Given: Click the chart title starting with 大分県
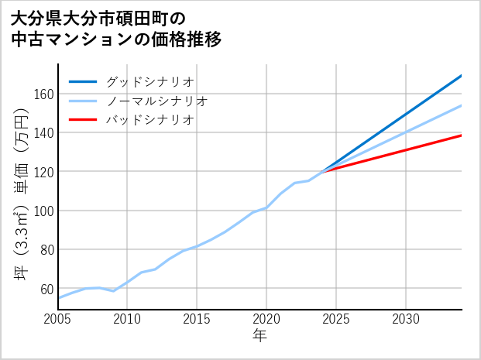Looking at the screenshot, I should [116, 28].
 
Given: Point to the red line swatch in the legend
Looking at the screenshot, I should [83, 120].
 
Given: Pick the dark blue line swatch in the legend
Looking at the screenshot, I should [83, 81].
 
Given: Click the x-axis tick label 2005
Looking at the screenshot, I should [58, 319].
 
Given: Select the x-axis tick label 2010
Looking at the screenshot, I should [128, 319].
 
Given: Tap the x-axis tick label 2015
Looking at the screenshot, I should [197, 319].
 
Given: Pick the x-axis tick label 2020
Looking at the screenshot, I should [266, 319].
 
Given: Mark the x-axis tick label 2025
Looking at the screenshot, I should [336, 319].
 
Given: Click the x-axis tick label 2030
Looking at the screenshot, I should [406, 319].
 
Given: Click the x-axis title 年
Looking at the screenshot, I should [260, 336].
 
